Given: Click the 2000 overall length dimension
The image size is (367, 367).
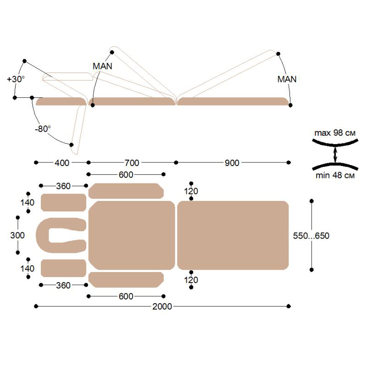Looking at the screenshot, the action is point(162,306).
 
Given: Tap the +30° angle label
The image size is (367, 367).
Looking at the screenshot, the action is point(16,79).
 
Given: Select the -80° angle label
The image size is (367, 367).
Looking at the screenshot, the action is point(43,129).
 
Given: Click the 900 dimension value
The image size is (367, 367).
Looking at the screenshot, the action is point(232,163).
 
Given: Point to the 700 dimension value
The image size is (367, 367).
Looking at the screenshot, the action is point(132,163).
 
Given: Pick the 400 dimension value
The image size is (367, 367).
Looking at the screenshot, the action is point(62,163).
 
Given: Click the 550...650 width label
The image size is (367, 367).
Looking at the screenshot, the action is point(311,236).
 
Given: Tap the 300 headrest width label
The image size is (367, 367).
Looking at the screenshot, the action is point(17,235).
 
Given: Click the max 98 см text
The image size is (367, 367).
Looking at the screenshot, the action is point(335,133).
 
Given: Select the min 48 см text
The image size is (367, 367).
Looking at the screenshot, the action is point(335,175).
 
